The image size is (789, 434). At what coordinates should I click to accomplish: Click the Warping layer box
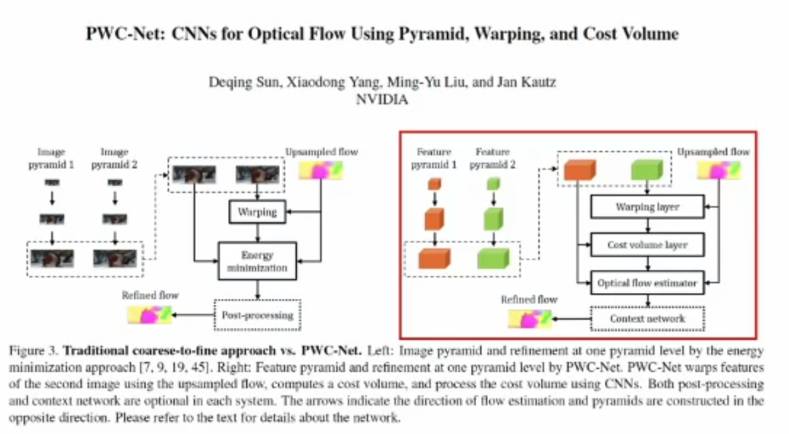pyautogui.click(x=647, y=207)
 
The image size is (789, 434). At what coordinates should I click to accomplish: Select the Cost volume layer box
pyautogui.click(x=647, y=245)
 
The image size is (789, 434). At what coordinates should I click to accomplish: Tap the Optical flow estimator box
pyautogui.click(x=647, y=283)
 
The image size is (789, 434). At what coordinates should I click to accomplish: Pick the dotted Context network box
pyautogui.click(x=647, y=319)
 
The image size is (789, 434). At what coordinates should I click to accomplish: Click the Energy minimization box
pyautogui.click(x=257, y=262)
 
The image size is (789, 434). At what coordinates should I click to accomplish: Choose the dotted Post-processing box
pyautogui.click(x=257, y=315)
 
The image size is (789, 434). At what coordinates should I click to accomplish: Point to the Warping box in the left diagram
pyautogui.click(x=257, y=212)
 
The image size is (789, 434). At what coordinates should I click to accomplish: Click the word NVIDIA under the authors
pyautogui.click(x=382, y=99)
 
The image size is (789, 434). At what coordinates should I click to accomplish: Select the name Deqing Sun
pyautogui.click(x=243, y=82)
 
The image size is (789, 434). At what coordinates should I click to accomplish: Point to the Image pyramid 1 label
pyautogui.click(x=51, y=158)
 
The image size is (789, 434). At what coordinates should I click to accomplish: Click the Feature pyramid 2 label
pyautogui.click(x=492, y=158)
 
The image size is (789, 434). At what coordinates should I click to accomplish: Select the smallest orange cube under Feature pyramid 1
pyautogui.click(x=435, y=184)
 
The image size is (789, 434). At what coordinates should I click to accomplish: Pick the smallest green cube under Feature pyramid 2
pyautogui.click(x=494, y=184)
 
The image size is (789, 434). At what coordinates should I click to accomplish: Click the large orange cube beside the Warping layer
pyautogui.click(x=579, y=170)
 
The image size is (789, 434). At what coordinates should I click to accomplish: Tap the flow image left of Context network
pyautogui.click(x=530, y=319)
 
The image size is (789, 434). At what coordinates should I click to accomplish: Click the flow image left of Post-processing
pyautogui.click(x=150, y=315)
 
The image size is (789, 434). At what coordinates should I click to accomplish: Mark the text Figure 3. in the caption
pyautogui.click(x=34, y=351)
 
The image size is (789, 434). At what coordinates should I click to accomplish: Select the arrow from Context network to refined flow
pyautogui.click(x=571, y=319)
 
